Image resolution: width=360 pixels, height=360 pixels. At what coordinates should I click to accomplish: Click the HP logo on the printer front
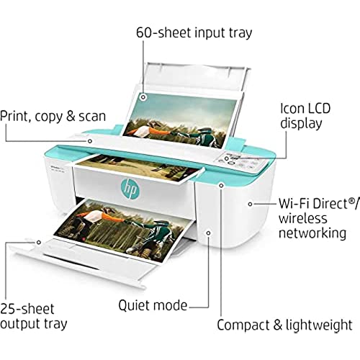tap(130, 189)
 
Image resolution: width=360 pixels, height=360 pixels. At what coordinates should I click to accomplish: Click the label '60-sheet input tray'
tap(194, 32)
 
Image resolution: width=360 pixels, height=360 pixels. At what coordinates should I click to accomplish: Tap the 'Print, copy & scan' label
tap(53, 117)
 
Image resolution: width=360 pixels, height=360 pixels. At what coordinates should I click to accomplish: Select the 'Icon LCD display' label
tap(305, 116)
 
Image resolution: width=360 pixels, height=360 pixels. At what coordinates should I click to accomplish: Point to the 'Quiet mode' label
tap(153, 305)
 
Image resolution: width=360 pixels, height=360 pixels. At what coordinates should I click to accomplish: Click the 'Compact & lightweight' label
tap(284, 325)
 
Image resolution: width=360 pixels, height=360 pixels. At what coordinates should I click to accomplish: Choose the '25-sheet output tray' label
tap(34, 316)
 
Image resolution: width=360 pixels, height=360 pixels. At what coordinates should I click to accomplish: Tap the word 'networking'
tap(312, 233)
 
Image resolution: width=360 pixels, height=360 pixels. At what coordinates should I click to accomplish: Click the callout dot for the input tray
tap(143, 97)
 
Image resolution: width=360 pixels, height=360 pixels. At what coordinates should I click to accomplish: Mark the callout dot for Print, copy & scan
tap(90, 141)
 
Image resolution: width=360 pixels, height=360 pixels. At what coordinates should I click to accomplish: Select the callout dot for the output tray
tap(39, 243)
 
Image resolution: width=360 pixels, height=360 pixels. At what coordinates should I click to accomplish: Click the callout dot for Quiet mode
tap(208, 233)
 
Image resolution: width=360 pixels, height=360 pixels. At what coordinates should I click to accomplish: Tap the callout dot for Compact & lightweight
tap(221, 185)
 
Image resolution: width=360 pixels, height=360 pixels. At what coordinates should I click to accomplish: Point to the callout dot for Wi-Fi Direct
tap(250, 204)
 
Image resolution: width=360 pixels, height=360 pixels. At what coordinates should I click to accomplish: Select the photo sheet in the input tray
tap(180, 121)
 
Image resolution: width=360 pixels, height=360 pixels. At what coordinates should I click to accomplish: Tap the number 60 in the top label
tap(144, 32)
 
